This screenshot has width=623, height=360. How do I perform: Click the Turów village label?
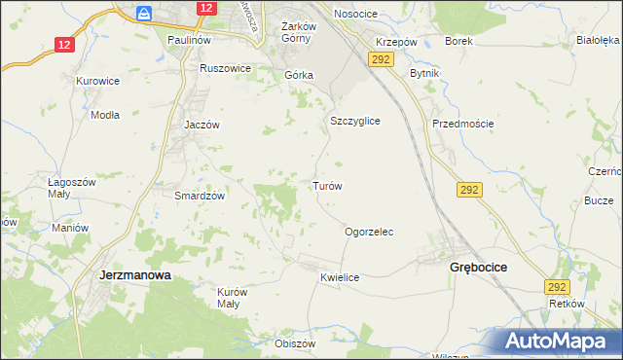pyautogui.click(x=326, y=186)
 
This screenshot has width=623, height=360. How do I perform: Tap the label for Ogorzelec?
pyautogui.click(x=369, y=233)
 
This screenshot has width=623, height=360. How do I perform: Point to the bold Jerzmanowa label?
pyautogui.click(x=135, y=275)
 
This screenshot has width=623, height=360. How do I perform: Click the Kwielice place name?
pyautogui.click(x=340, y=277)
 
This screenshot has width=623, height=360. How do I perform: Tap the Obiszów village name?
pyautogui.click(x=296, y=343)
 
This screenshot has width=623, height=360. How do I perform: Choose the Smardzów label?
pyautogui.click(x=200, y=196)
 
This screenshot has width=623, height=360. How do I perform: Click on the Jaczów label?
pyautogui.click(x=202, y=126)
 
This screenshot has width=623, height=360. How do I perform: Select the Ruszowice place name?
pyautogui.click(x=225, y=69)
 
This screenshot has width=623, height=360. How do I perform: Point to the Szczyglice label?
pyautogui.click(x=354, y=121)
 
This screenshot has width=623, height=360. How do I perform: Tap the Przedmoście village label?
pyautogui.click(x=463, y=124)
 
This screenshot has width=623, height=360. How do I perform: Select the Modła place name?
pyautogui.click(x=104, y=114)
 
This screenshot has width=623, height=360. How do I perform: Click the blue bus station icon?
pyautogui.click(x=145, y=14)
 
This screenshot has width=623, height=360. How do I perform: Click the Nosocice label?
pyautogui.click(x=355, y=14)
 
